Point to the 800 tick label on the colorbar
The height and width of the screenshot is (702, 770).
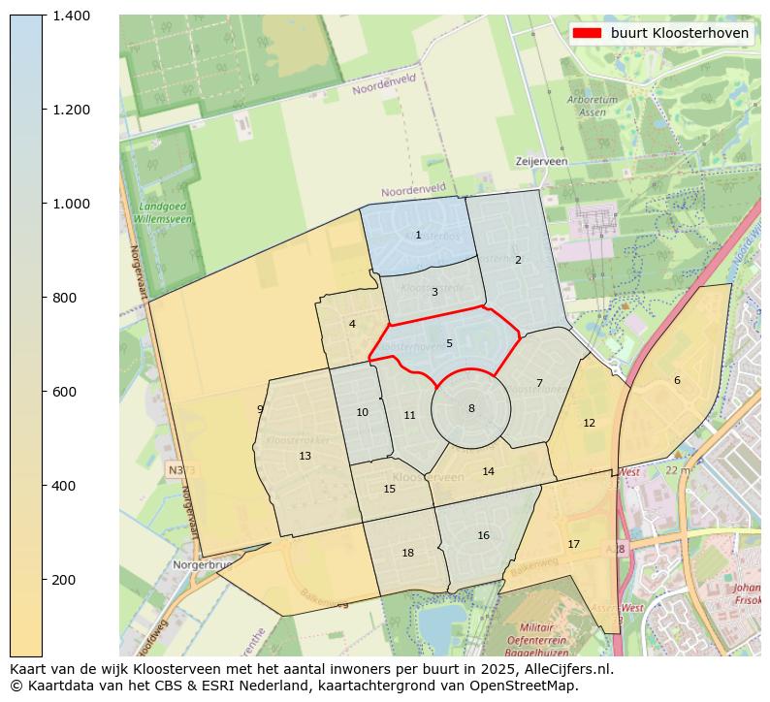click(70, 298)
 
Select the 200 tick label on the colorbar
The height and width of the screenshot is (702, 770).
click(70, 580)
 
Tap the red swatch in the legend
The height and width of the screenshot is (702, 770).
click(587, 33)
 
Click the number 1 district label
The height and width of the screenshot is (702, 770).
click(418, 235)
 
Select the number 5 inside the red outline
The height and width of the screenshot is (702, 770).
click(449, 343)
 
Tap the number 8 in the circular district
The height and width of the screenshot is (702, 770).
click(471, 408)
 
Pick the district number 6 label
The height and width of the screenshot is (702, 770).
click(677, 380)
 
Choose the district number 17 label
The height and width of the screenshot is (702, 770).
click(573, 544)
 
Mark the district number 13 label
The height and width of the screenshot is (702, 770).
click(305, 456)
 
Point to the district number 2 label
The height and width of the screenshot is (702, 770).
click(518, 260)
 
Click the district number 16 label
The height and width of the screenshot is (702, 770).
click(483, 535)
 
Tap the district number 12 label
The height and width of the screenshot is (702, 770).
click(589, 423)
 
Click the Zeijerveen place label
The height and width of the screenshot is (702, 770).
click(542, 161)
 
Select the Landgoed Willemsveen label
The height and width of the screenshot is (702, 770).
click(165, 213)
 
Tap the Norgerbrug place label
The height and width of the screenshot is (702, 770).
click(201, 564)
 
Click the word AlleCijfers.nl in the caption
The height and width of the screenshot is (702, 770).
click(565, 669)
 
